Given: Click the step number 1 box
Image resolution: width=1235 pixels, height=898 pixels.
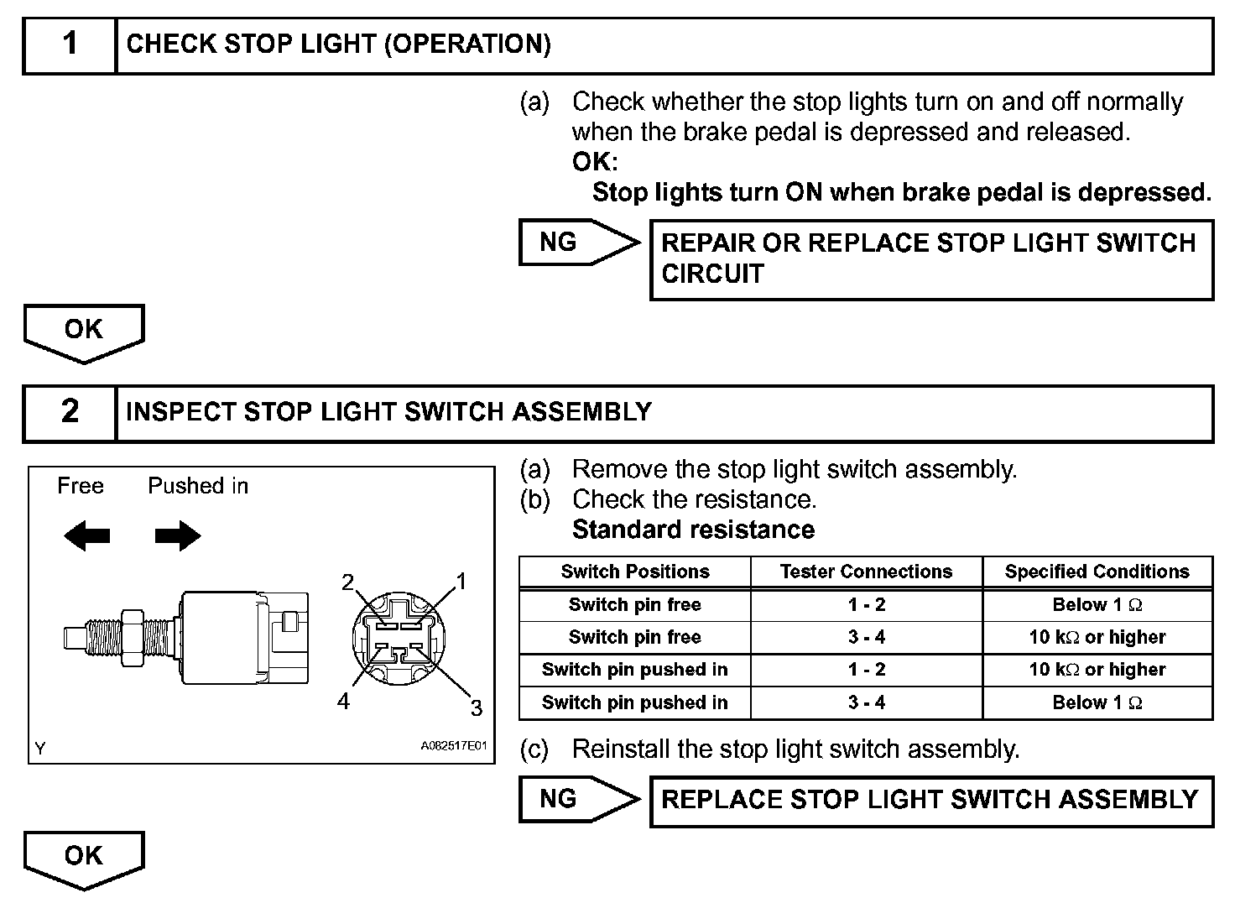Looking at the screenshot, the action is [x=70, y=44].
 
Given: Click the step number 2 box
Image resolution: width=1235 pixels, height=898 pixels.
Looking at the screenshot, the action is [x=70, y=412].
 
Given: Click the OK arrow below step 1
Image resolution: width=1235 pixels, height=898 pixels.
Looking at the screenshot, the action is [x=84, y=332].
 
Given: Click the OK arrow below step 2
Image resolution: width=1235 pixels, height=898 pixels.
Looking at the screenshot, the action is [x=84, y=858].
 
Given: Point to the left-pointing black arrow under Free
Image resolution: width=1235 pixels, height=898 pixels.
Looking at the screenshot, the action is [x=86, y=535].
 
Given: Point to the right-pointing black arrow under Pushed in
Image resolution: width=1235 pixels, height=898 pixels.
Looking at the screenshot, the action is [x=178, y=535].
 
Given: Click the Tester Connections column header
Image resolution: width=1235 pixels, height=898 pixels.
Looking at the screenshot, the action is [x=866, y=572].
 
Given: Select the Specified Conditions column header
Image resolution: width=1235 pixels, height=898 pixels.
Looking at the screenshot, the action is [x=1097, y=572].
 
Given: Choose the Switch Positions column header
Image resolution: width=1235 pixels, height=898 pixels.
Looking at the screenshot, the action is [x=635, y=572].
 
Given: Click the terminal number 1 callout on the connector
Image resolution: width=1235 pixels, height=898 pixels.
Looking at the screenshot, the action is [x=460, y=581].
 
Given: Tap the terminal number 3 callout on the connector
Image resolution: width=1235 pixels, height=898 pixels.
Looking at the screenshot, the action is [x=476, y=708].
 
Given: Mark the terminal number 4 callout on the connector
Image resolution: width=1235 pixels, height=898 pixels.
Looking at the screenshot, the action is [x=343, y=702].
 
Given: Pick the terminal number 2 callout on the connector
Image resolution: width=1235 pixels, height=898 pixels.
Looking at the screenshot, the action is [x=348, y=582].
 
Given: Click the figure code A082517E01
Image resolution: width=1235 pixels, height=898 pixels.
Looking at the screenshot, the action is [x=453, y=746].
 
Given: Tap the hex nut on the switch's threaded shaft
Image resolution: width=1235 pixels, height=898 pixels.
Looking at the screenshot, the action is [x=132, y=638].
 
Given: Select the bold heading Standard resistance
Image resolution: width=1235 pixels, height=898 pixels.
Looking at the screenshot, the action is [x=693, y=530].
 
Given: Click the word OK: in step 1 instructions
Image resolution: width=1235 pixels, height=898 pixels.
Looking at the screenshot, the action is [x=594, y=162].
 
